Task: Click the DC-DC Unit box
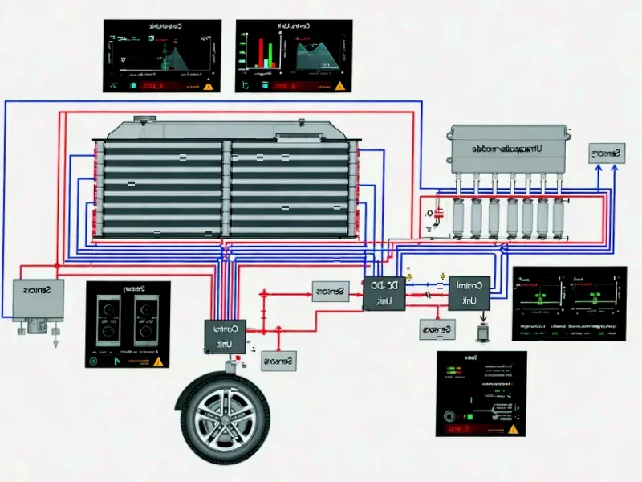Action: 384,294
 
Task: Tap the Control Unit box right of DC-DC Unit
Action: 469,292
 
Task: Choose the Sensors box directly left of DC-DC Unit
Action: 330,292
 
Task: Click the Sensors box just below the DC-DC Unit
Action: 437,329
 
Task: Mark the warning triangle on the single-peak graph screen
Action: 208,84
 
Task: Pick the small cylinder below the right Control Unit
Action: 483,332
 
